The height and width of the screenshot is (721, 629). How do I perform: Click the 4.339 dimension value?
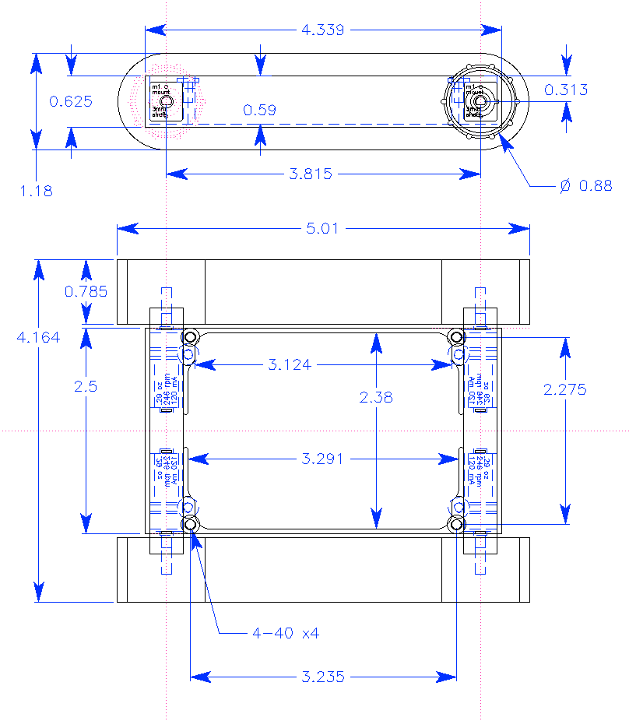point(323,30)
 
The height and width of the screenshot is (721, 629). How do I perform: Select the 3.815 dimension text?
point(311,174)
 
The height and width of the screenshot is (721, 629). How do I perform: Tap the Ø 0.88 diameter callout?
point(586,185)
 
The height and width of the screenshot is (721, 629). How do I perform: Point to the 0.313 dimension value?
point(566,90)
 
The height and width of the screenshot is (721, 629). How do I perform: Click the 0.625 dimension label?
point(71,101)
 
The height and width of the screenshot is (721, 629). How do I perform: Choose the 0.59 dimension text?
point(259,111)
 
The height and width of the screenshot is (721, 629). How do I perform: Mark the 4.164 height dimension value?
point(38,337)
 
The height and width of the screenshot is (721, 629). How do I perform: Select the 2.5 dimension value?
point(86,385)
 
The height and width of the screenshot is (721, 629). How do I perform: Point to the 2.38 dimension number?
point(377,397)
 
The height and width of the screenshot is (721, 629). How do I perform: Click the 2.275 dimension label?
point(566,390)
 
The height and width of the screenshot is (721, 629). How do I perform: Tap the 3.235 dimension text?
point(322,677)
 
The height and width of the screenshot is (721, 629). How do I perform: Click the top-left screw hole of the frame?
point(190,338)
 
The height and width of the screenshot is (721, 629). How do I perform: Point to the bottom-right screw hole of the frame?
point(457,525)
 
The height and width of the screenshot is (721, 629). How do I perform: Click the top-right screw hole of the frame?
point(457,338)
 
